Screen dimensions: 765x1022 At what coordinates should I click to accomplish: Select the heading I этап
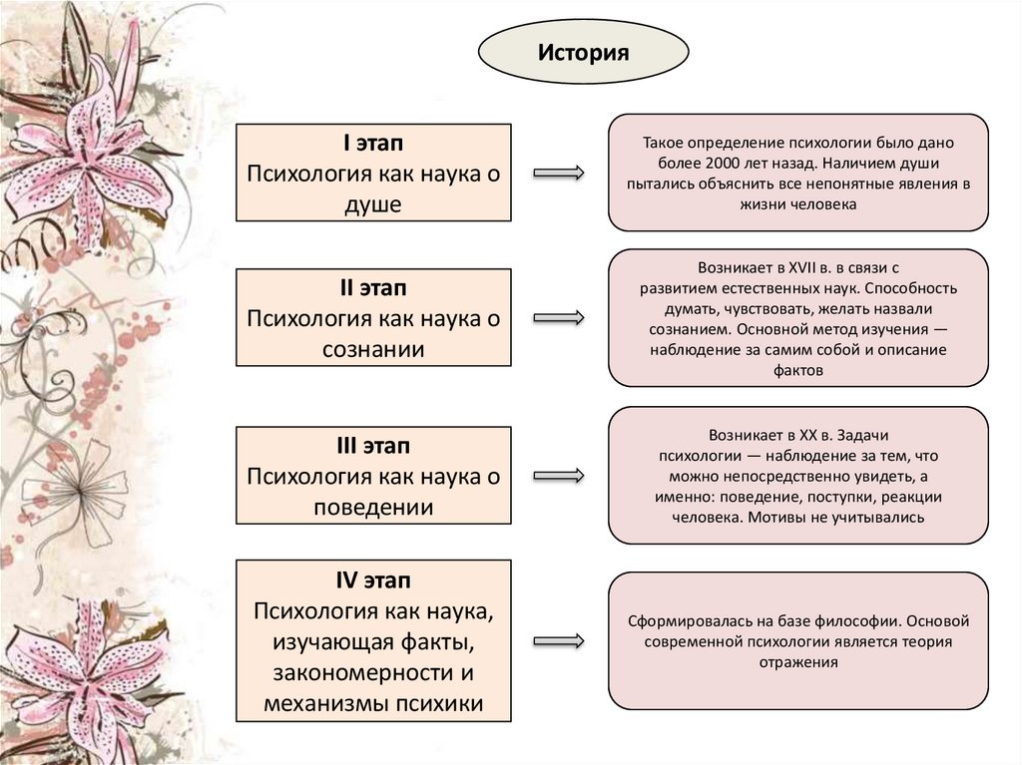pos(373,145)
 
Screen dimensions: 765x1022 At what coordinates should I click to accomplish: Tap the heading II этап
pos(373,288)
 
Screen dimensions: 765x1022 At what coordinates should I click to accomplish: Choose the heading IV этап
pos(373,579)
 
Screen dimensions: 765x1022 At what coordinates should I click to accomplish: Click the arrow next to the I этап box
pos(559,174)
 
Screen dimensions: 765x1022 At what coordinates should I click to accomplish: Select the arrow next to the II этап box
pos(559,318)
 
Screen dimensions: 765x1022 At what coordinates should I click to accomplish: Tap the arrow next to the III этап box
pos(559,474)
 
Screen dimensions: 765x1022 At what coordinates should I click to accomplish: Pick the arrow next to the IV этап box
pos(559,639)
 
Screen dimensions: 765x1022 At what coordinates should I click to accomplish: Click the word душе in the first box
pos(373,205)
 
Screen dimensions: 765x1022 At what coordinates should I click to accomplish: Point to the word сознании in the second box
pos(373,349)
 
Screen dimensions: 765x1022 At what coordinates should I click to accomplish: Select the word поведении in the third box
pos(373,507)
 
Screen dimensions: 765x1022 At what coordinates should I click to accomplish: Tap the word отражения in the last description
pos(798,662)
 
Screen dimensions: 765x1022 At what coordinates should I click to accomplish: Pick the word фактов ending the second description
pos(798,370)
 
